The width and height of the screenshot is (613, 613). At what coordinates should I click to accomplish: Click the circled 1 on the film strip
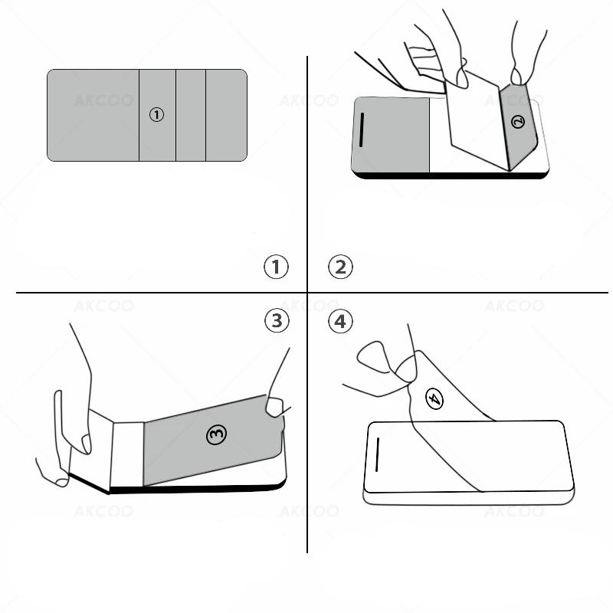pos(156,115)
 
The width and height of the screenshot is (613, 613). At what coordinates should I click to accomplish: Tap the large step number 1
pos(276,267)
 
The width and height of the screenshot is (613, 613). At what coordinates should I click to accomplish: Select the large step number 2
pos(340,267)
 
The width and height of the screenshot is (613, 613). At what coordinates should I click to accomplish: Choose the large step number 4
pos(340,320)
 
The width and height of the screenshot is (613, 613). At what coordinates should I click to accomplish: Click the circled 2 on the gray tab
pos(518,120)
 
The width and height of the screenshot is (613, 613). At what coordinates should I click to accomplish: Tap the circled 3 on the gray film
pos(217,434)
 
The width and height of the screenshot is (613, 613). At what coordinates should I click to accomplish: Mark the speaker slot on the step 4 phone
pos(378,459)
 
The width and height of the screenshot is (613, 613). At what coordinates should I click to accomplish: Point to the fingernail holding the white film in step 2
pos(459,75)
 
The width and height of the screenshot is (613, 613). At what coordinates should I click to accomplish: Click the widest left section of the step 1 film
pos(93,115)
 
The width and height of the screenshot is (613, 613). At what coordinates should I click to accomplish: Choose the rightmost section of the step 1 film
pos(226,115)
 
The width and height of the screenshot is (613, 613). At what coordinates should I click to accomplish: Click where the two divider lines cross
pos(307,293)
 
